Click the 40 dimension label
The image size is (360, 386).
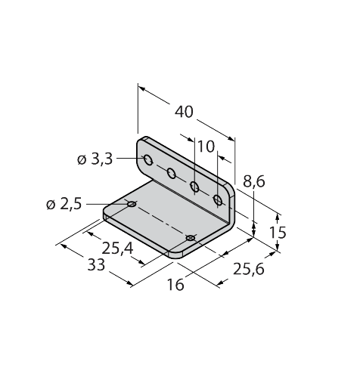(x=184, y=112)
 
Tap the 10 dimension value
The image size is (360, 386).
(x=206, y=147)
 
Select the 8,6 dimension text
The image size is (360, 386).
(x=254, y=181)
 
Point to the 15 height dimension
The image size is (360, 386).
(x=278, y=233)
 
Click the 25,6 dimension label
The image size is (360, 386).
(x=249, y=269)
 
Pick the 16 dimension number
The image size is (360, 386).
(x=175, y=285)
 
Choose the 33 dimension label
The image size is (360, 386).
(x=96, y=265)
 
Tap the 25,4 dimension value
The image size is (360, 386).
(x=117, y=249)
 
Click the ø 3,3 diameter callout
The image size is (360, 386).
(x=95, y=159)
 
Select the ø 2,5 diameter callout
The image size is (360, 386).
(x=64, y=204)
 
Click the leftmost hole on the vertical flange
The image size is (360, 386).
(x=148, y=160)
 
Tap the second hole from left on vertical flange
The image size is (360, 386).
(x=172, y=173)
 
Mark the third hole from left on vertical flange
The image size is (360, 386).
(x=194, y=187)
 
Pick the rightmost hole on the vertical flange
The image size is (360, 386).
(x=218, y=200)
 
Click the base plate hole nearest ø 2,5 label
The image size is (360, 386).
(x=132, y=204)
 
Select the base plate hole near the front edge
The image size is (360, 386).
(x=191, y=238)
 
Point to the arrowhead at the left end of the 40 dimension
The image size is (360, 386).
(x=142, y=88)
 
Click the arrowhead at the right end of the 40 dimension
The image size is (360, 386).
(x=231, y=138)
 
